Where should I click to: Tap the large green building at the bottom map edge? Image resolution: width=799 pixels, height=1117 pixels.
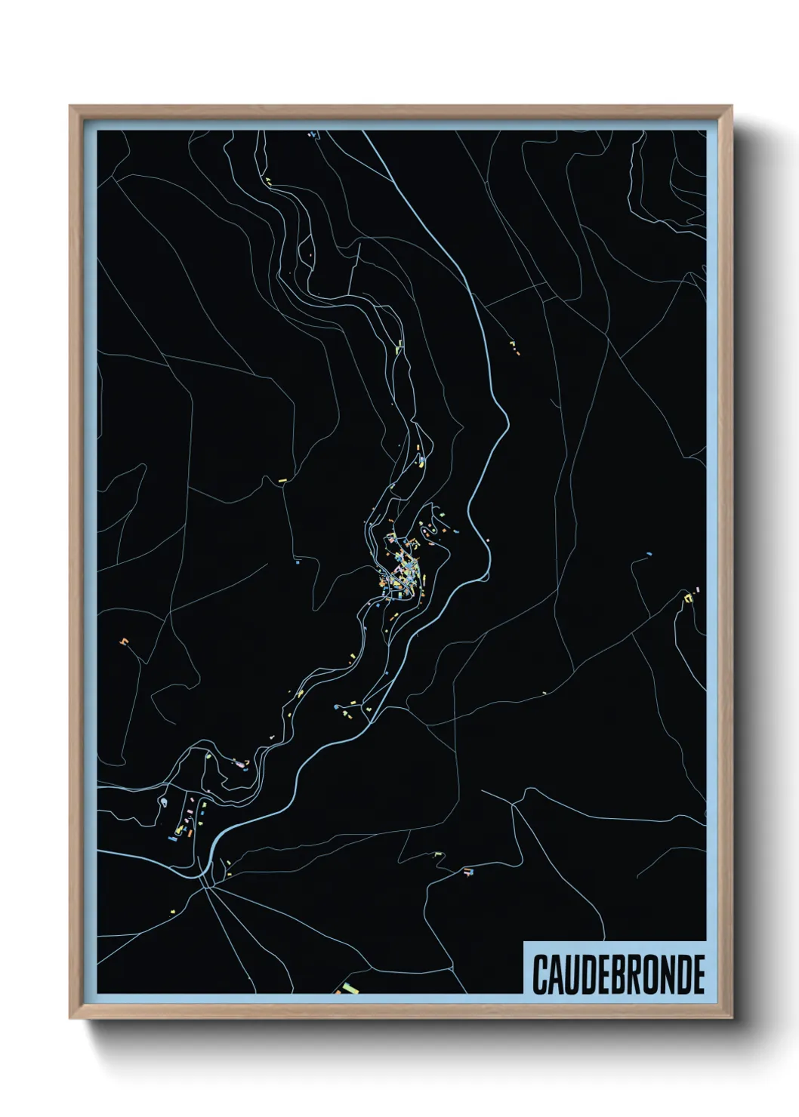coord(348,988)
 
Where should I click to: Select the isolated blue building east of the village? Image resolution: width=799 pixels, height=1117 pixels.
coord(648,555)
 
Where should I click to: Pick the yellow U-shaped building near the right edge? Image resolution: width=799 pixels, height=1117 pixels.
coord(688,598)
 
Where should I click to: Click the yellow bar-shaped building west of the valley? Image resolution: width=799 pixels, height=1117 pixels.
coord(283,478)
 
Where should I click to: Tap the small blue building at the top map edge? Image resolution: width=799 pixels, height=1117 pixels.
coord(310,134)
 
